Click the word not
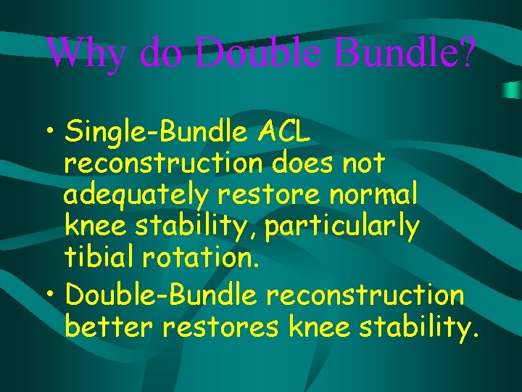coord(365,164)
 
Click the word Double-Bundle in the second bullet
coord(161,295)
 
